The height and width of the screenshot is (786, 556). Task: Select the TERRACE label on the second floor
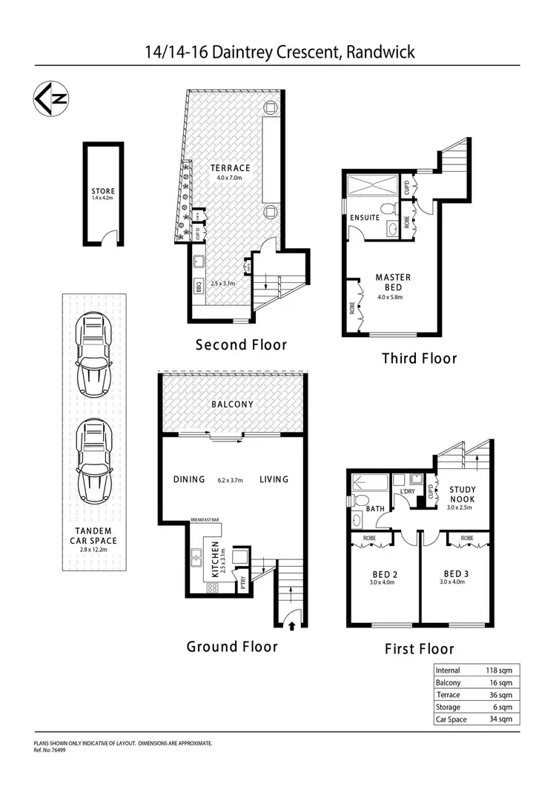[230, 168]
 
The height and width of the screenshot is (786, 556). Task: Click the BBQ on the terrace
[199, 286]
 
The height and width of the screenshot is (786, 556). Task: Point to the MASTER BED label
[388, 282]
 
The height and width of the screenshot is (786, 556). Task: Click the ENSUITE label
[365, 218]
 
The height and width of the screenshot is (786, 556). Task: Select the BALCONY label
[232, 404]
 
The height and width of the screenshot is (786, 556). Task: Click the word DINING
[188, 479]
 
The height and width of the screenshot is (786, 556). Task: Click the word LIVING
[274, 479]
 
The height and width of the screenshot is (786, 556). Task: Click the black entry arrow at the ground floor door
[291, 626]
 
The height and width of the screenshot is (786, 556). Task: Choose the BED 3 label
[455, 574]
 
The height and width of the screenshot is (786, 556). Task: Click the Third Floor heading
[419, 359]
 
